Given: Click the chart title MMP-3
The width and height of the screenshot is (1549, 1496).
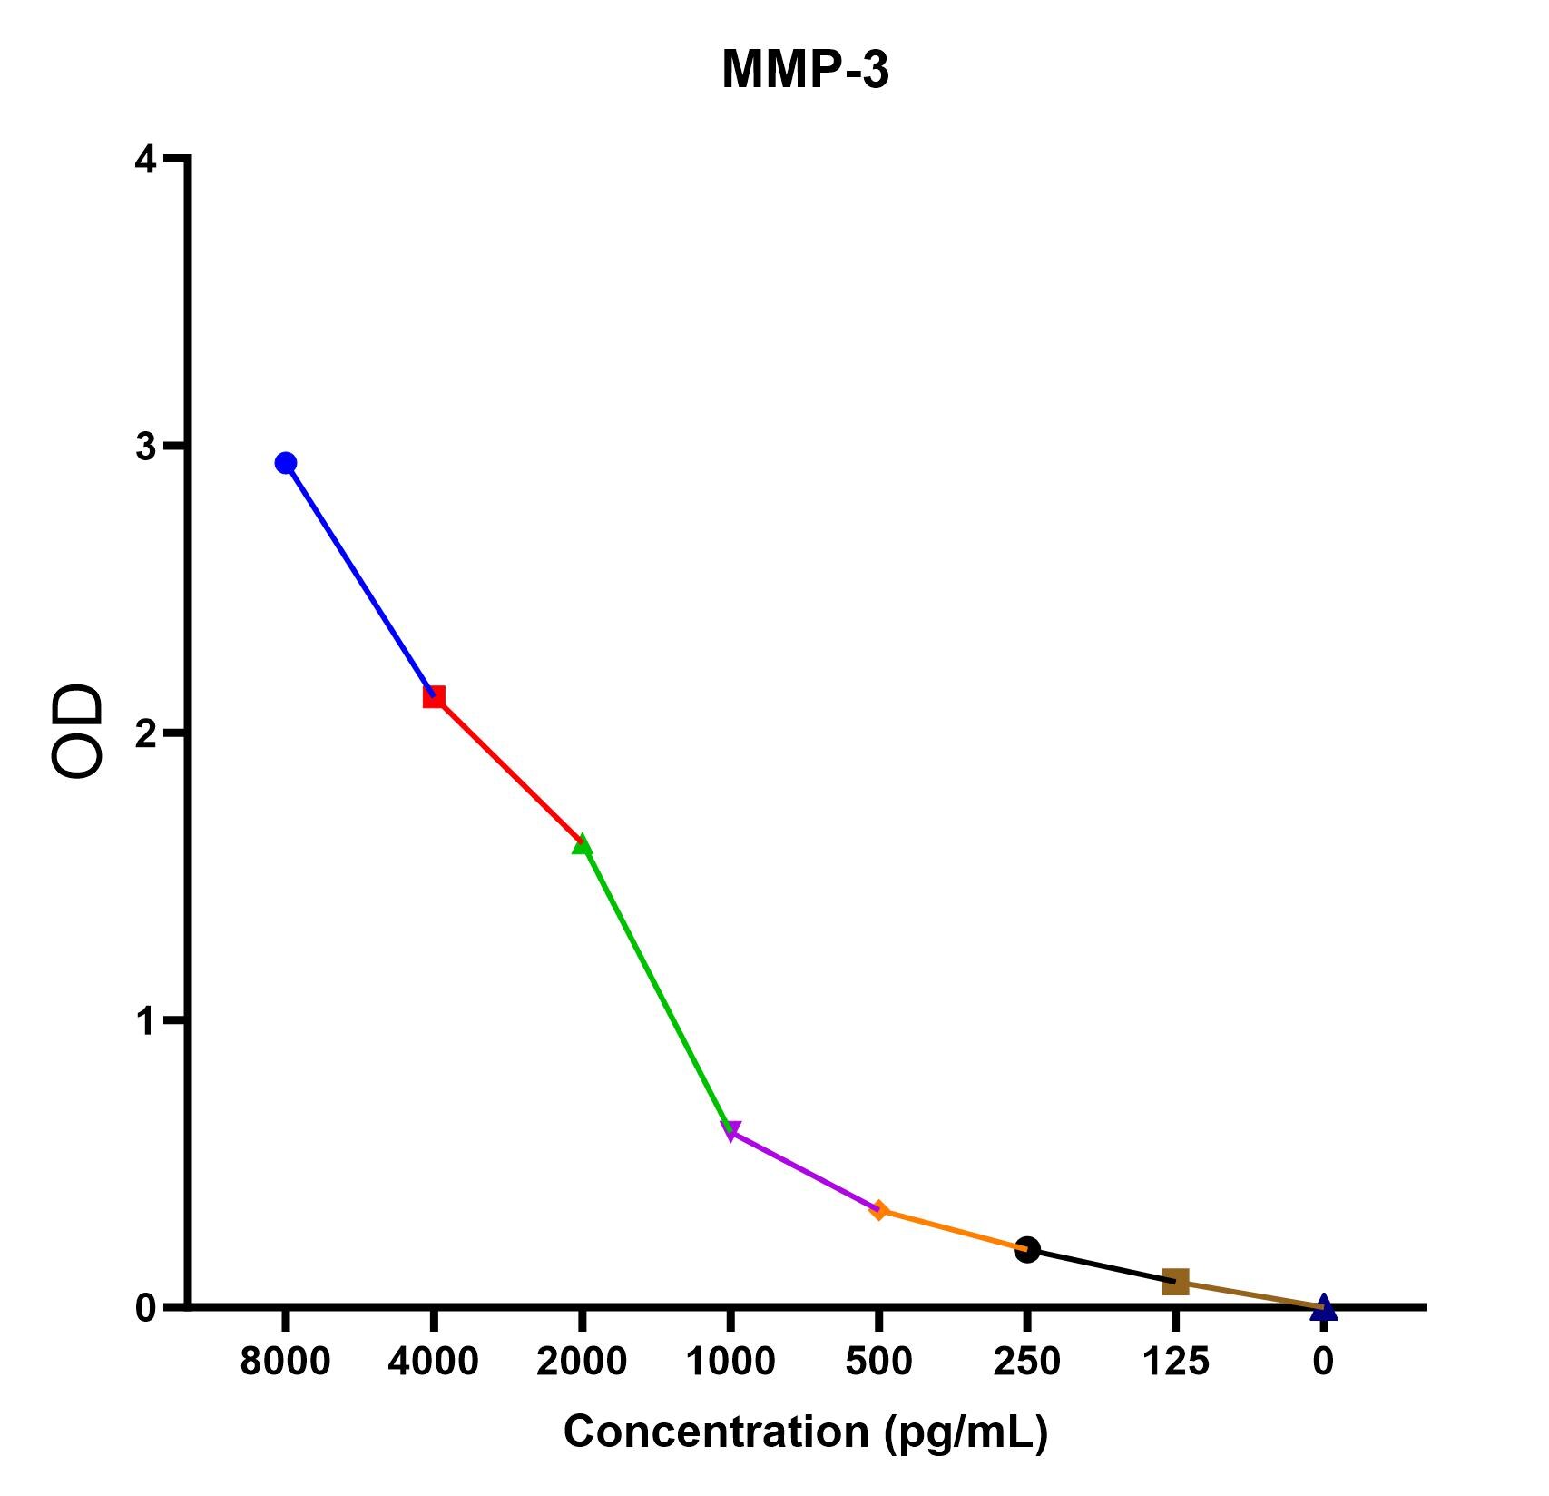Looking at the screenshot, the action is click(805, 70).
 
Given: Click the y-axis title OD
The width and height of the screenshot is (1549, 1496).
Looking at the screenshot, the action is click(77, 732).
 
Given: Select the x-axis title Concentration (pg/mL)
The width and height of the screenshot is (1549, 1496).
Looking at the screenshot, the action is click(806, 1432).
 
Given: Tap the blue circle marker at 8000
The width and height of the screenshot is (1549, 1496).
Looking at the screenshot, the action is click(286, 463).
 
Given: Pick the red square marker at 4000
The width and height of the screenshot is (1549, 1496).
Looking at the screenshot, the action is click(434, 697).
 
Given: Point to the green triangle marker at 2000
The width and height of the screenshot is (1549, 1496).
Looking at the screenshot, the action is click(582, 844).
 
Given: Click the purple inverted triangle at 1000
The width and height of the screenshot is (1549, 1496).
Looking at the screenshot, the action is click(730, 1131).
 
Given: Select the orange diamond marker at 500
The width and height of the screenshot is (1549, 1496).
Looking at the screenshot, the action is click(878, 1210).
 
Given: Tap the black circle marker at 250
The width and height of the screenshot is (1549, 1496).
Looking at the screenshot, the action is click(1027, 1250).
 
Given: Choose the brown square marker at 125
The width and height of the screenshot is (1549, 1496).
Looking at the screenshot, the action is click(1175, 1282).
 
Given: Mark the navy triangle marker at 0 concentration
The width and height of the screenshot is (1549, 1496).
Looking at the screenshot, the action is click(1324, 1307).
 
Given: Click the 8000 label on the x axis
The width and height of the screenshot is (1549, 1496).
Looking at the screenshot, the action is click(285, 1362).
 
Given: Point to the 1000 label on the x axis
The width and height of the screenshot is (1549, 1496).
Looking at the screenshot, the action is click(730, 1362).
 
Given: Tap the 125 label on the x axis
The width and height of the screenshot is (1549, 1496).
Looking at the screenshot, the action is click(1175, 1362).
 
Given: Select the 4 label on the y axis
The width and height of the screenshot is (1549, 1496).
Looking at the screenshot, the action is click(145, 161).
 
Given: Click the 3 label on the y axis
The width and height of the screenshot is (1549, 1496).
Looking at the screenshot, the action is click(145, 447).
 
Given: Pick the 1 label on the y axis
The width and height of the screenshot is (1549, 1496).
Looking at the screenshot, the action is click(145, 1021).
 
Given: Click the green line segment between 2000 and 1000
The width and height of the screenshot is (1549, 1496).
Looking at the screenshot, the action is click(656, 988).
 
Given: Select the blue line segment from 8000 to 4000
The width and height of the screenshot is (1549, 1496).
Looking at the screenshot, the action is click(360, 580).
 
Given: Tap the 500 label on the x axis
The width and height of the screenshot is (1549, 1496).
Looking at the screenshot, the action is click(878, 1362).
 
